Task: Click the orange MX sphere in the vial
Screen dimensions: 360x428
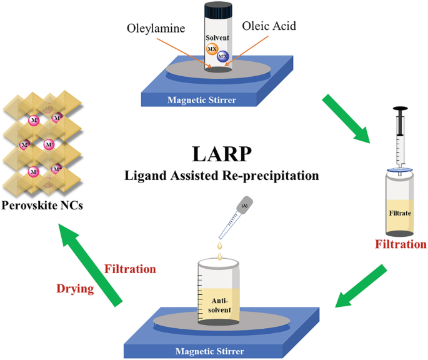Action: (x=212, y=48)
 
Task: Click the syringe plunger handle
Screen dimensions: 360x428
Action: (x=401, y=109)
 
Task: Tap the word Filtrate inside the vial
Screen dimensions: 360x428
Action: (x=401, y=213)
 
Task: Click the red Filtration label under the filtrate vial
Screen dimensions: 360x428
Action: (x=401, y=244)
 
